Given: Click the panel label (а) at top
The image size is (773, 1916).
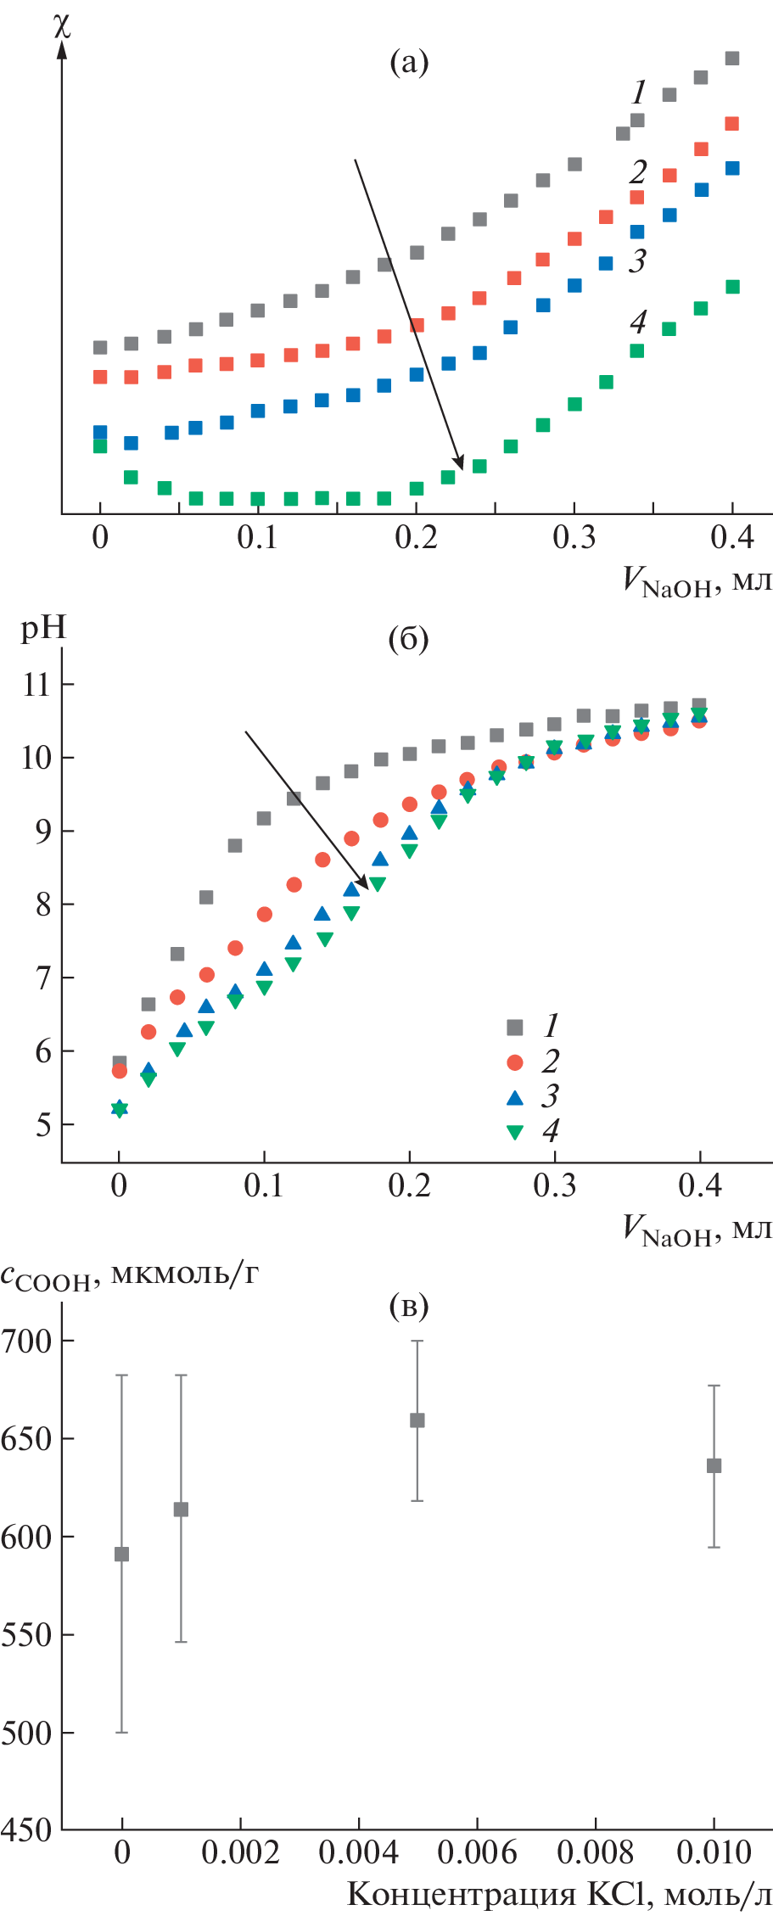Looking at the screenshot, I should click(408, 62).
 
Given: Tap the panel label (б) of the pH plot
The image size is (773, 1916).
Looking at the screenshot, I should click(408, 638).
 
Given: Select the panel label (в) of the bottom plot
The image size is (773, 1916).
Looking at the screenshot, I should click(408, 1306).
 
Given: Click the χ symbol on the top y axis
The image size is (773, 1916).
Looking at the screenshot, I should click(61, 25).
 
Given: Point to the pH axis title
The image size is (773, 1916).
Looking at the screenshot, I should click(43, 629).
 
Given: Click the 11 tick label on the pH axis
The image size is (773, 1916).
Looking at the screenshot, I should click(36, 685).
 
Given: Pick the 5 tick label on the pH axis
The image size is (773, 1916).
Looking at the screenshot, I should click(42, 1125).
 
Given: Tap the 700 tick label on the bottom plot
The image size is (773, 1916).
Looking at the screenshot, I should click(26, 1341).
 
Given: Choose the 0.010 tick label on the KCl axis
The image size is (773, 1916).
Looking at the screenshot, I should click(714, 1853).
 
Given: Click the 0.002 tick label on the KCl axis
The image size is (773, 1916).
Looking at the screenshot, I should click(240, 1853).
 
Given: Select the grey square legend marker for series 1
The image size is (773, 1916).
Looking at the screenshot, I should click(515, 1028).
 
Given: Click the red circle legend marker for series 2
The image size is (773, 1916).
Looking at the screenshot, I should click(515, 1062).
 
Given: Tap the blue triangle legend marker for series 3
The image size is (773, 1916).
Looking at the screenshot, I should click(515, 1097).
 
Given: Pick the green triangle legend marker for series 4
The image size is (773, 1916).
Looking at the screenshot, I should click(515, 1132).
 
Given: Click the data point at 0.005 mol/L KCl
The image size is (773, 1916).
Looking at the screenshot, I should click(417, 1420).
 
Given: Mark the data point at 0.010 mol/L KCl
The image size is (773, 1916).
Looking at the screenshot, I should click(714, 1465).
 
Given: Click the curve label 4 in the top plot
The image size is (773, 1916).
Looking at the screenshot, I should click(638, 322).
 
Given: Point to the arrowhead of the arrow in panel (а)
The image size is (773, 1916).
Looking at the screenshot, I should click(460, 465).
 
